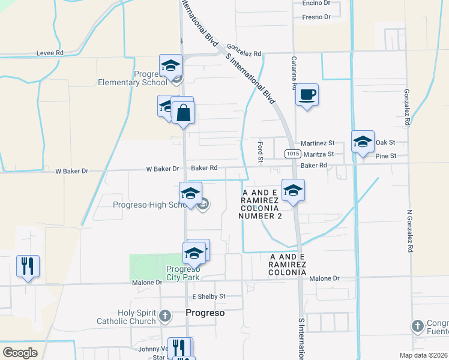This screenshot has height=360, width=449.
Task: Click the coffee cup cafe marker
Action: pyautogui.click(x=307, y=95)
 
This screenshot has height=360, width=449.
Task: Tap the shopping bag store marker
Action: pyautogui.click(x=183, y=112)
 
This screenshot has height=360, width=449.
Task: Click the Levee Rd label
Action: pyautogui.click(x=50, y=53)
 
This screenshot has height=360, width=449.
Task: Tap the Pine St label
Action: pyautogui.click(x=385, y=156)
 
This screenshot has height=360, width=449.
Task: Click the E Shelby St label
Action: pyautogui.click(x=208, y=296)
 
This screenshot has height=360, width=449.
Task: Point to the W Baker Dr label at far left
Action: pyautogui.click(x=71, y=171)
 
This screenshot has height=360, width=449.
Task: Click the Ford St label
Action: pyautogui.click(x=261, y=152)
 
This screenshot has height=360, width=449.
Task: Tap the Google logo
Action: pyautogui.click(x=20, y=352)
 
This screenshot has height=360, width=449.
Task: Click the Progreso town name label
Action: pyautogui.click(x=205, y=313)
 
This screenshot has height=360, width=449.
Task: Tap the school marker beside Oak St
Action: pyautogui.click(x=363, y=142)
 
